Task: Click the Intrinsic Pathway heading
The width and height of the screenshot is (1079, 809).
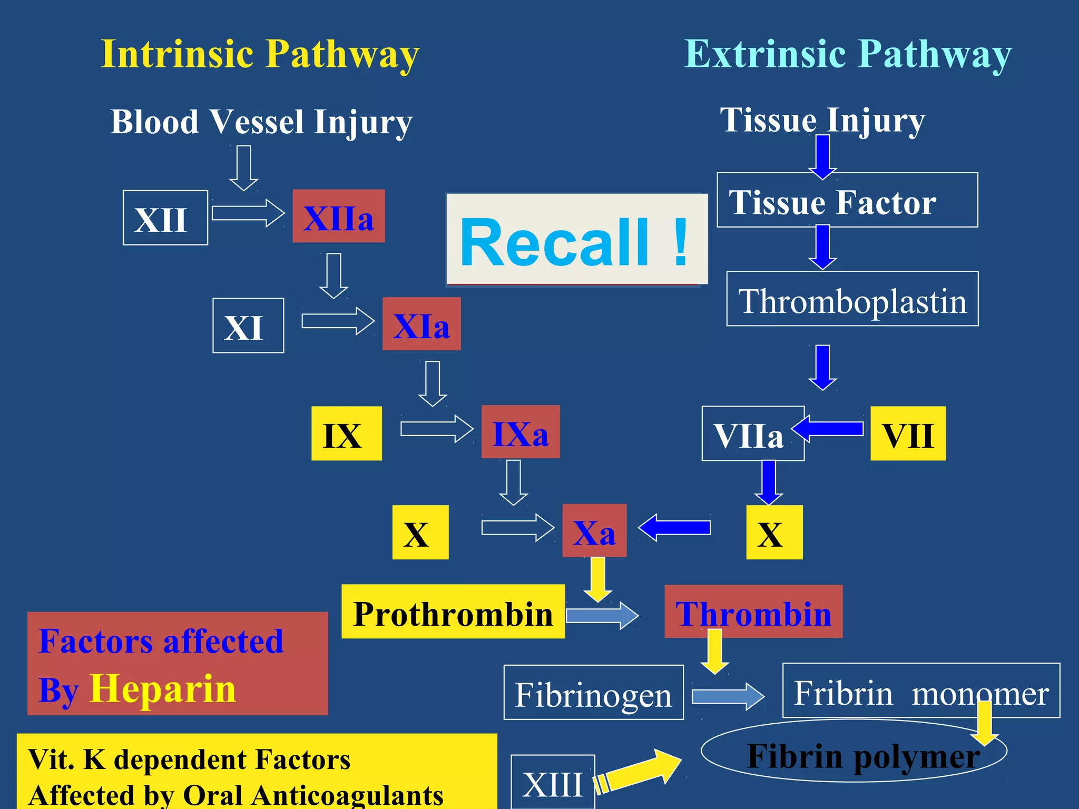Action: click(x=260, y=54)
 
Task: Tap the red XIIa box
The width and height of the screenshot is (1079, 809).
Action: click(x=339, y=216)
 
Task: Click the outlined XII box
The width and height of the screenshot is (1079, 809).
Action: click(x=165, y=218)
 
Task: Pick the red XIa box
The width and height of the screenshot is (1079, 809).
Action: click(x=421, y=324)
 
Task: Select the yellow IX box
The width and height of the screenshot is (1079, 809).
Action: click(x=346, y=433)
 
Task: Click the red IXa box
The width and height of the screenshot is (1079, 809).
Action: click(x=521, y=432)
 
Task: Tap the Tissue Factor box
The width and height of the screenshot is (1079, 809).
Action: click(x=847, y=200)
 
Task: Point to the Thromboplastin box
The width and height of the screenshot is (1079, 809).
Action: click(x=852, y=299)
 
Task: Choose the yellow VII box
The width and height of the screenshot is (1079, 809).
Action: click(x=908, y=433)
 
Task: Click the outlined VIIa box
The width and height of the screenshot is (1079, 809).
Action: click(x=752, y=433)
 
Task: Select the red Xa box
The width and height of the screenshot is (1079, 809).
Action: click(x=594, y=531)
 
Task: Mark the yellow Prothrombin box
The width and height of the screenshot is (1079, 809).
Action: click(x=453, y=611)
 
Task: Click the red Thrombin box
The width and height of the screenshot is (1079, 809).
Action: click(x=753, y=611)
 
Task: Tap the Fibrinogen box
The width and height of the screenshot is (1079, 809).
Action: click(x=594, y=693)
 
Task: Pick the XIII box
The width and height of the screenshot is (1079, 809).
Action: click(x=553, y=782)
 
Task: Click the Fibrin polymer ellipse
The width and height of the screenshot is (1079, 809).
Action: click(x=854, y=751)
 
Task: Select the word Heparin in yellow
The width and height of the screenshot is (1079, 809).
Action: click(x=163, y=688)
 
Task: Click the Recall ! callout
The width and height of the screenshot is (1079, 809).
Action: click(x=577, y=240)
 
